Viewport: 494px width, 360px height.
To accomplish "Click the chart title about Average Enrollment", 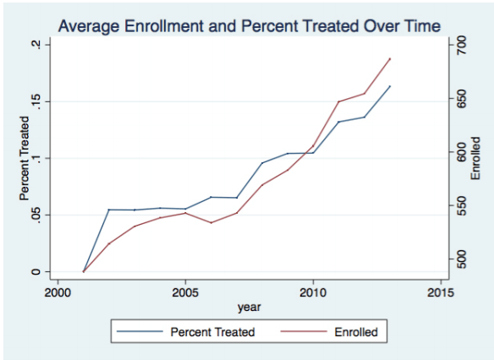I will (249, 26).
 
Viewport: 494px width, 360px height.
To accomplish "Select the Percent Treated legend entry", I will (212, 331).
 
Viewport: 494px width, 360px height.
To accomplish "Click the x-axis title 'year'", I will (249, 306).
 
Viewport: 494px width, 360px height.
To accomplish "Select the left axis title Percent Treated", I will (25, 157).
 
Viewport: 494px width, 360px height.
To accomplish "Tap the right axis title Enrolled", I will (475, 157).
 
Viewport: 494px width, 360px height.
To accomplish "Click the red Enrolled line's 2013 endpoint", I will (390, 58).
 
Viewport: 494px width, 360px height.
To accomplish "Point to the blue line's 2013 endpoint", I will (390, 85).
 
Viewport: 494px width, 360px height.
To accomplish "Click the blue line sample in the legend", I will (141, 331).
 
